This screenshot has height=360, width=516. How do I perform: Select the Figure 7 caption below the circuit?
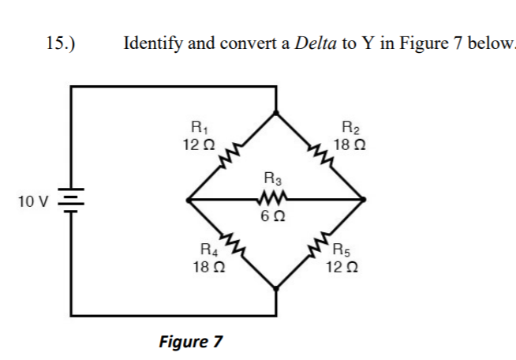pos(190,342)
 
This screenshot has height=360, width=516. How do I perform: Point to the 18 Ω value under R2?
pos(349,145)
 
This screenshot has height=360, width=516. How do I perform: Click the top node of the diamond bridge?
pos(275,112)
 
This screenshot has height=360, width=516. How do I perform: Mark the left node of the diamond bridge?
pos(187,200)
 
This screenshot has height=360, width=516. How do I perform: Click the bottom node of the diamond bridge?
pos(275,288)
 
